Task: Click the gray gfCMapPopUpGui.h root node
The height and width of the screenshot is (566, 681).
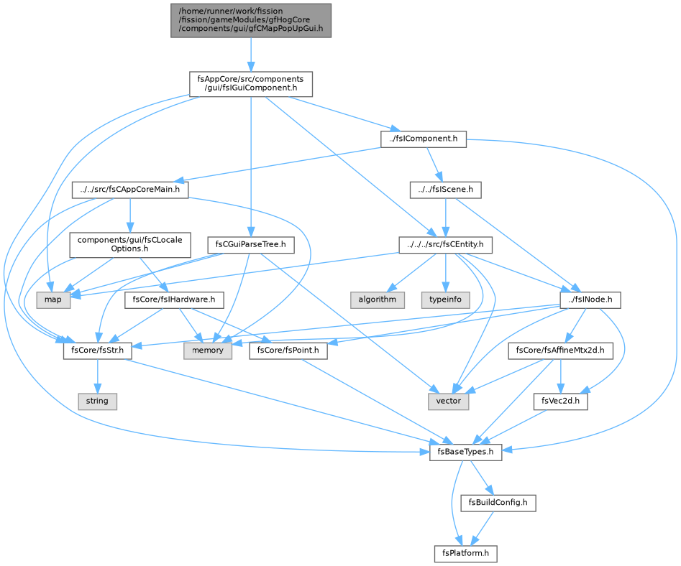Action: pyautogui.click(x=250, y=20)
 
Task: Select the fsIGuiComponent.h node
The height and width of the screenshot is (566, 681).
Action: pyautogui.click(x=250, y=84)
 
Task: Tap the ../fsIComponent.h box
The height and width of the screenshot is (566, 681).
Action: pyautogui.click(x=424, y=139)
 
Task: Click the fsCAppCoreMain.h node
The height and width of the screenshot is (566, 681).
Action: pyautogui.click(x=130, y=190)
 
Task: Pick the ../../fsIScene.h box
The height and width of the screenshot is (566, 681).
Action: pyautogui.click(x=446, y=190)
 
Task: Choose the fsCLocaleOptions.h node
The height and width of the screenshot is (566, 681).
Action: pyautogui.click(x=130, y=245)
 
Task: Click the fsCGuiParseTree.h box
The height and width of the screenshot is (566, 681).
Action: pyautogui.click(x=250, y=245)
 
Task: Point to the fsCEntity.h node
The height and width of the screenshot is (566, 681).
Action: pyautogui.click(x=446, y=245)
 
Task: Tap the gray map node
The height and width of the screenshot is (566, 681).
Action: pyautogui.click(x=53, y=300)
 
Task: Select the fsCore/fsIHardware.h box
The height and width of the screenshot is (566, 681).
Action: pyautogui.click(x=174, y=300)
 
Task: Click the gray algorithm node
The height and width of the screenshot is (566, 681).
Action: pyautogui.click(x=378, y=300)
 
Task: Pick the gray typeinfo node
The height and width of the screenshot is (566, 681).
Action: pyautogui.click(x=446, y=300)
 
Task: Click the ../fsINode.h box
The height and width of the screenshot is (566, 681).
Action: pyautogui.click(x=590, y=300)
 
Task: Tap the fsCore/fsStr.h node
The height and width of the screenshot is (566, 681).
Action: pyautogui.click(x=98, y=351)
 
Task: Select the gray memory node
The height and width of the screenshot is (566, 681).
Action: pyautogui.click(x=208, y=351)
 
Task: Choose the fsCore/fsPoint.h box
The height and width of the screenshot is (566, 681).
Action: pyautogui.click(x=288, y=351)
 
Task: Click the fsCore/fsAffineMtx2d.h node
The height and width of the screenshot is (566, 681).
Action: pyautogui.click(x=560, y=351)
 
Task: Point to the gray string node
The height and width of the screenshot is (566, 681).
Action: pyautogui.click(x=97, y=402)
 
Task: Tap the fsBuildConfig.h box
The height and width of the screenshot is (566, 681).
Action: pyautogui.click(x=498, y=503)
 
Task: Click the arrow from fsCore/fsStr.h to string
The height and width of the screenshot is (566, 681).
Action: pyautogui.click(x=98, y=376)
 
